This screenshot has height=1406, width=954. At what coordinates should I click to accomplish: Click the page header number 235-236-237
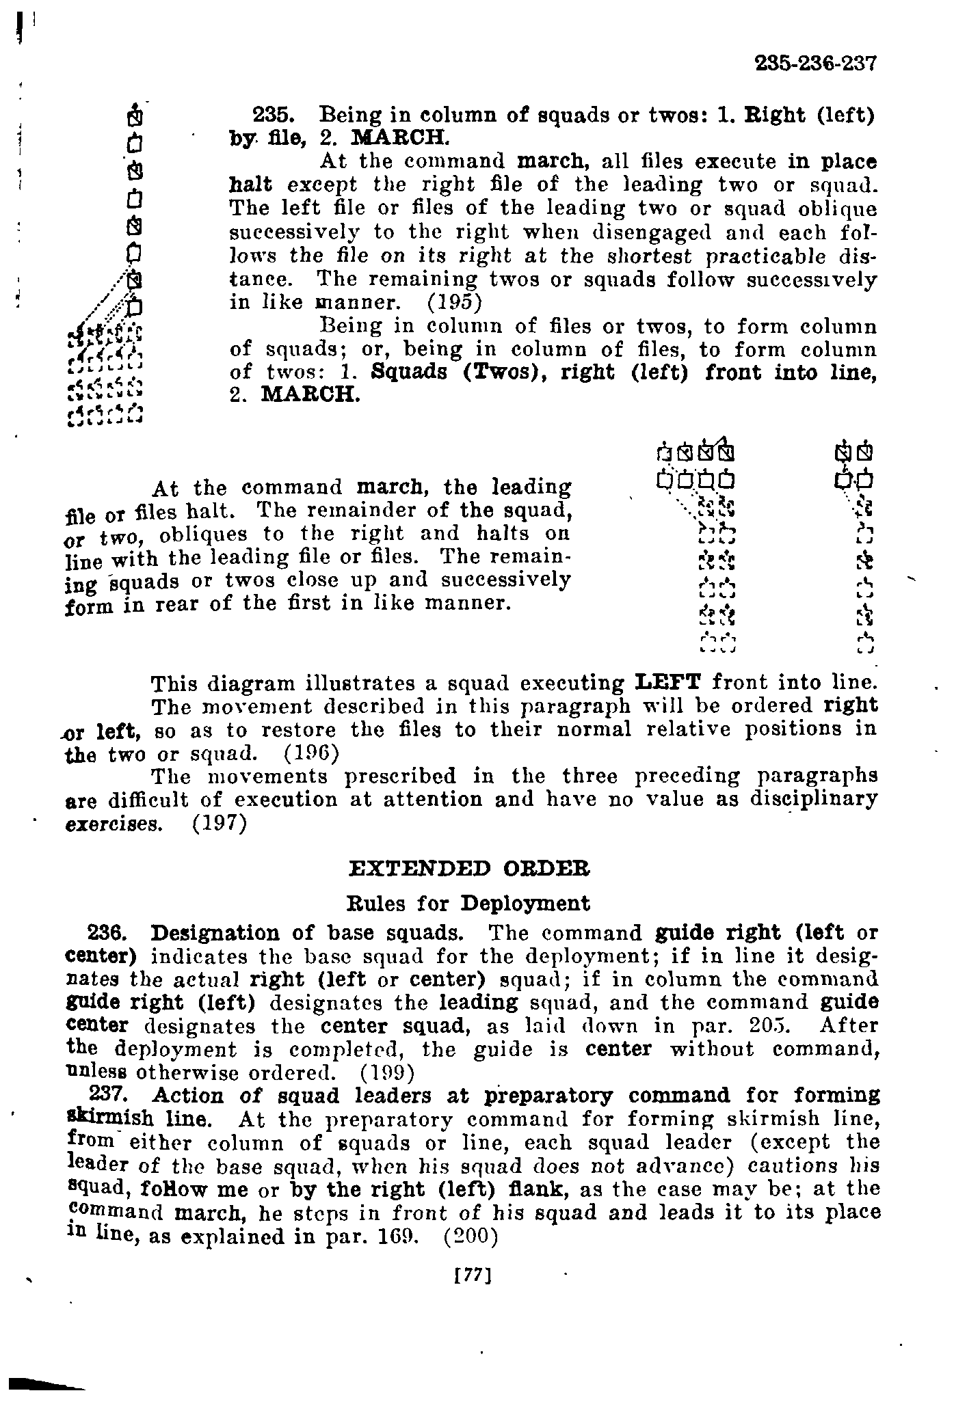pyautogui.click(x=815, y=64)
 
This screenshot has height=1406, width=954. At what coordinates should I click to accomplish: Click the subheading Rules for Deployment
pyautogui.click(x=469, y=904)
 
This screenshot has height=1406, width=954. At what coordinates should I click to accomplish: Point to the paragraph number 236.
pyautogui.click(x=109, y=933)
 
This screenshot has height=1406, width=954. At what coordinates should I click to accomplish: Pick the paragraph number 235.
pyautogui.click(x=273, y=114)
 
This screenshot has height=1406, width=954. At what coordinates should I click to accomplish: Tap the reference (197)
pyautogui.click(x=219, y=824)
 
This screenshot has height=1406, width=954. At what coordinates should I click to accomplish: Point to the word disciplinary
pyautogui.click(x=813, y=799)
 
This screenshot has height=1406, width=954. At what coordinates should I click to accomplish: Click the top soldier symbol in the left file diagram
pyautogui.click(x=137, y=118)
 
